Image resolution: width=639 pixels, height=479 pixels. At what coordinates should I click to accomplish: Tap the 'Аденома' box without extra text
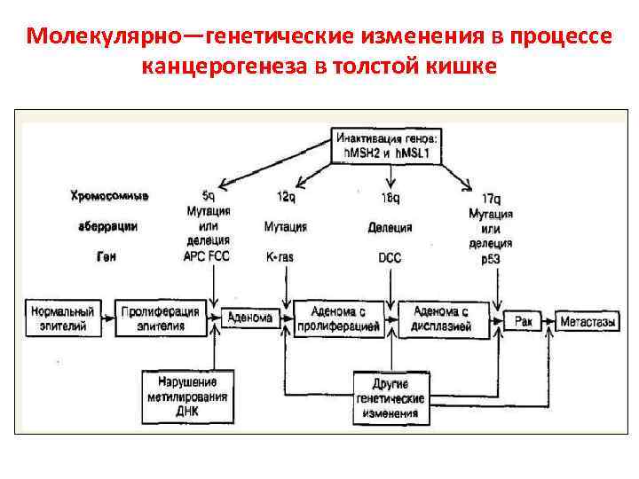tap(250, 318)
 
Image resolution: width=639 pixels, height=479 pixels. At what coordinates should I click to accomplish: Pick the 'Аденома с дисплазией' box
tap(442, 319)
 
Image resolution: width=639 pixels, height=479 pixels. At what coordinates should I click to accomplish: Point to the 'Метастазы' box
tap(588, 321)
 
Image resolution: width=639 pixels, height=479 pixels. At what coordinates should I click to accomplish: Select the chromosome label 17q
tap(490, 197)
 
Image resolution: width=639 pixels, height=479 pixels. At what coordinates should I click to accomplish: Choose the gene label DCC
tap(390, 256)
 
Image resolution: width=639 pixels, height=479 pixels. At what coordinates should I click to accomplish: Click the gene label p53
tap(491, 257)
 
